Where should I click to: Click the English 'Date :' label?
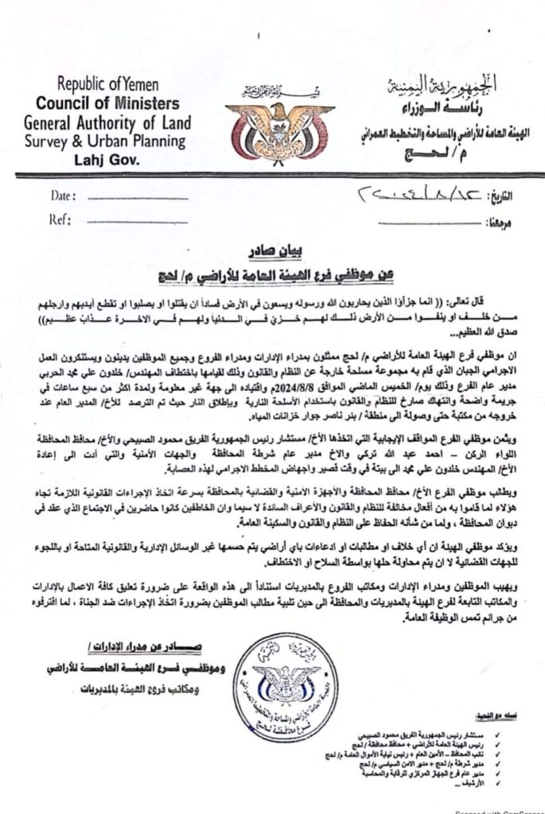point(64,195)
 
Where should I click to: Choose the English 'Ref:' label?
point(61,219)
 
